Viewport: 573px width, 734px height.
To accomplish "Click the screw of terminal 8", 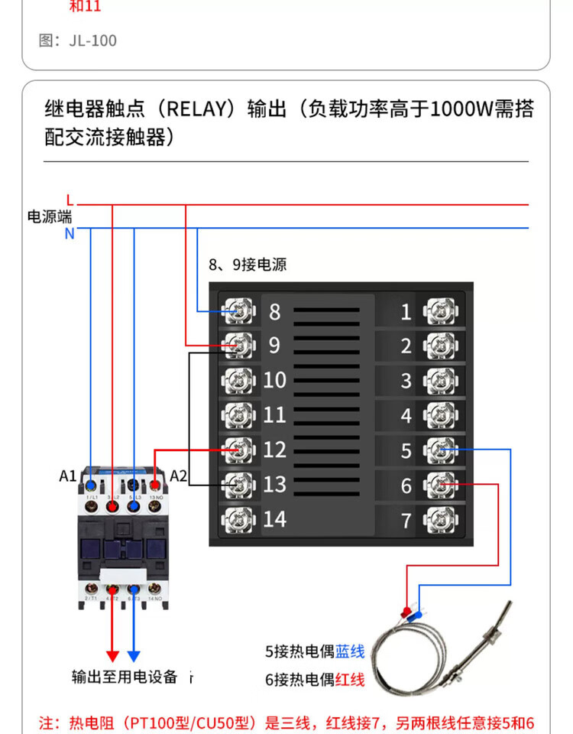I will coord(238,310).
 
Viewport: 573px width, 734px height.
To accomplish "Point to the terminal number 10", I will coord(274,380).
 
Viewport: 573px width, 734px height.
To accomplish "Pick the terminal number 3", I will coord(406,381).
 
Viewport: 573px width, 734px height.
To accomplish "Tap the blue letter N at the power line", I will coord(70,233).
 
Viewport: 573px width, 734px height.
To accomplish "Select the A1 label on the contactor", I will coord(68,476).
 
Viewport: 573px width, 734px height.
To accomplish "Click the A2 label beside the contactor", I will coord(178,476).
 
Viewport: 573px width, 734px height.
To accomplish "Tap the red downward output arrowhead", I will coord(112,656).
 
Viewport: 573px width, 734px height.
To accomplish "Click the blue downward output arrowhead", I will coord(134,656).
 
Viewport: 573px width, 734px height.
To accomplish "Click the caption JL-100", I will coord(92,41).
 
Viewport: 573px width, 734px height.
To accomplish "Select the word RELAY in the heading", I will coord(199,109).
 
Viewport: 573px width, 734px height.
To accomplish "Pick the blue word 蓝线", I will coord(350,652).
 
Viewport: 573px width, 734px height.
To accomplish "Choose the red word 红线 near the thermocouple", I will coord(350,679).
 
